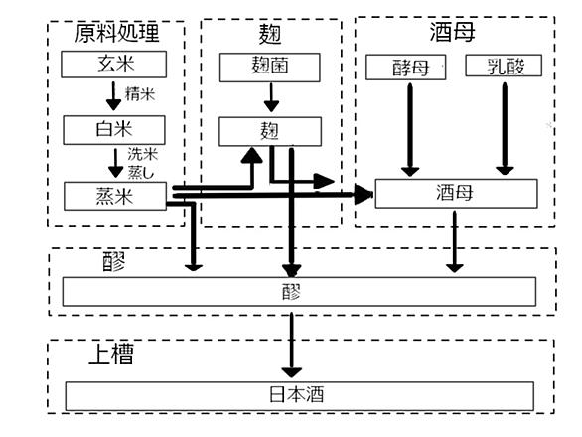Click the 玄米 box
pyautogui.click(x=113, y=65)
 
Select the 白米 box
pyautogui.click(x=114, y=130)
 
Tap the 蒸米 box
pyautogui.click(x=115, y=196)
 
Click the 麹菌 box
pyautogui.click(x=270, y=68)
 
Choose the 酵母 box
pyautogui.click(x=405, y=68)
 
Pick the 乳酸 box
pyautogui.click(x=504, y=66)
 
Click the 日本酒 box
pyautogui.click(x=300, y=396)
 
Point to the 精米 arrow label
pyautogui.click(x=140, y=94)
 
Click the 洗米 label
pyautogui.click(x=143, y=154)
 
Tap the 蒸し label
pyautogui.click(x=141, y=172)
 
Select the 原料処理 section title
pyautogui.click(x=117, y=33)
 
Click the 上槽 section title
pyautogui.click(x=111, y=354)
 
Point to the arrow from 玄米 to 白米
pyautogui.click(x=113, y=96)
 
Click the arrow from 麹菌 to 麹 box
pyautogui.click(x=271, y=97)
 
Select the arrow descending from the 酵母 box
pyautogui.click(x=410, y=130)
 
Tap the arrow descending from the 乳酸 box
pyautogui.click(x=505, y=129)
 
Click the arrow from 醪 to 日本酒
pyautogui.click(x=292, y=346)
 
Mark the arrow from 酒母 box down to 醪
pyautogui.click(x=455, y=241)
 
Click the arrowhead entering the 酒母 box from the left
pyautogui.click(x=364, y=194)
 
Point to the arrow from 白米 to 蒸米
pyautogui.click(x=116, y=163)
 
